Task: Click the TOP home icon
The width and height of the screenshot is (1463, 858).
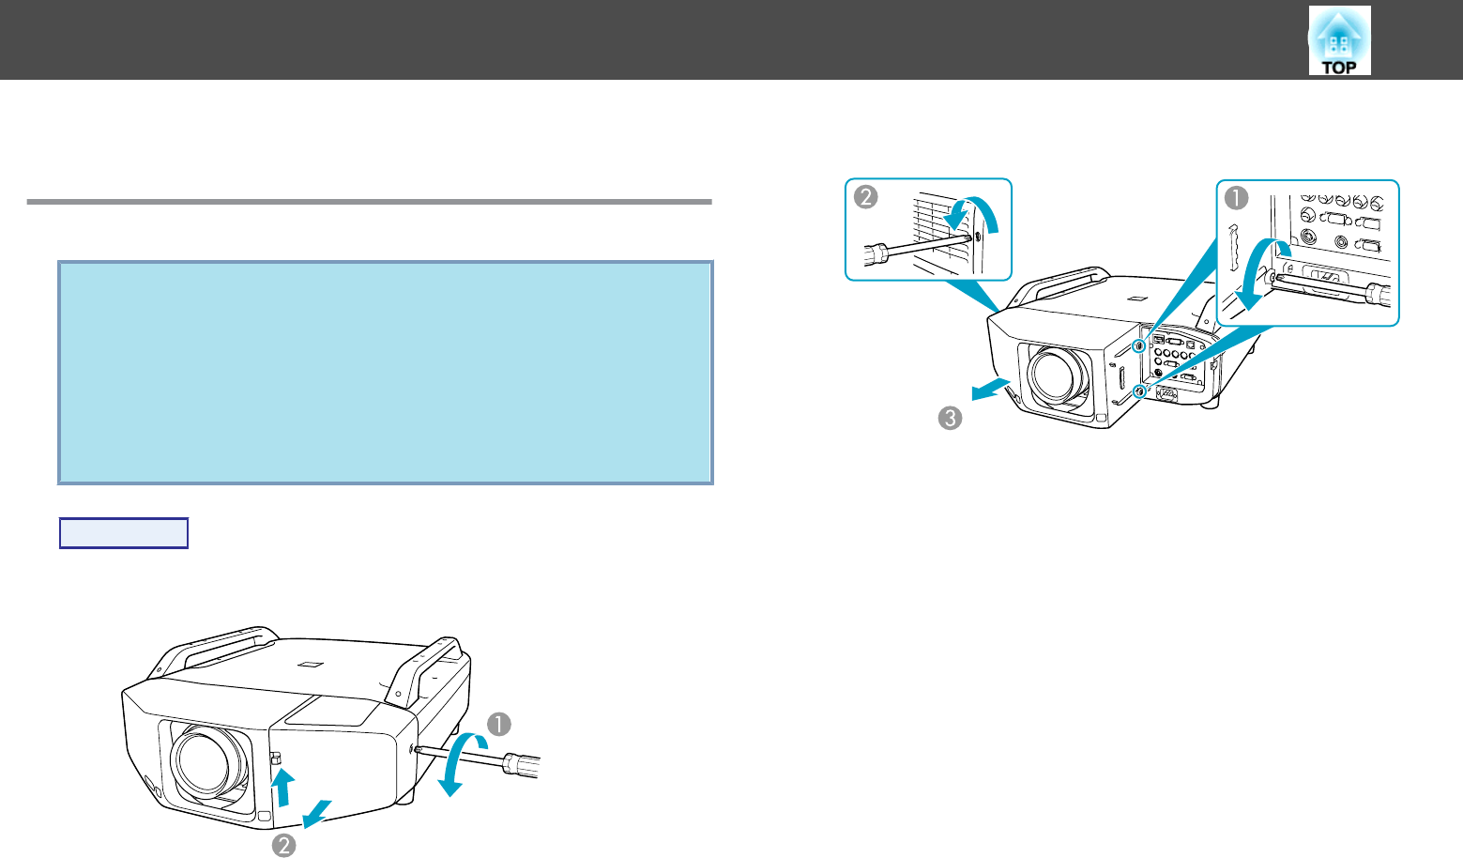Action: (1339, 41)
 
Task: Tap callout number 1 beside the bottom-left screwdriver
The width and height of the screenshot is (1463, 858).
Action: (499, 724)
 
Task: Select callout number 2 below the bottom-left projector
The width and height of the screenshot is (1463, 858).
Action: (283, 845)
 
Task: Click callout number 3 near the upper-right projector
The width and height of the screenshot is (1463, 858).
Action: (950, 417)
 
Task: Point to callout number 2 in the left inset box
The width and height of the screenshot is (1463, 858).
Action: (864, 197)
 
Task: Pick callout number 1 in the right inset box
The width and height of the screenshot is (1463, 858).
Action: (1236, 197)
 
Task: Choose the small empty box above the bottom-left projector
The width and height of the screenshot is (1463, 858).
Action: (123, 533)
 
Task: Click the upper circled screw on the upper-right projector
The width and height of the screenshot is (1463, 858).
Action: (1139, 345)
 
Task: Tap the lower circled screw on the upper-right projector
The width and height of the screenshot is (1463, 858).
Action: (1139, 391)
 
